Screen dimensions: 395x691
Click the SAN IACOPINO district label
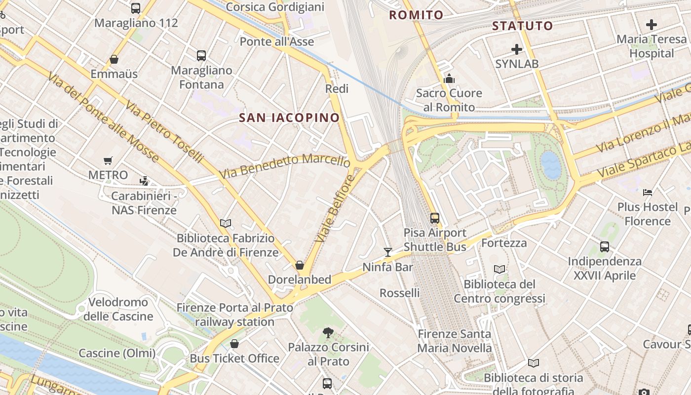pos(289,118)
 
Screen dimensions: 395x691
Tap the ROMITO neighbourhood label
pos(416,15)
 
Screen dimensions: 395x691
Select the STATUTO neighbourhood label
pos(522,26)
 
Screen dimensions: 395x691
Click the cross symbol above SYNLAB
pos(517,49)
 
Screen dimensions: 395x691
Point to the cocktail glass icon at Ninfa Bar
pos(388,252)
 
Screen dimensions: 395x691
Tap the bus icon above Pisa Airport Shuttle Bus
pos(435,218)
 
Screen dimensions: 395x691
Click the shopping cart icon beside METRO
pos(108,160)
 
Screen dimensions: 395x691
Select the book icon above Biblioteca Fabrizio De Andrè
pos(226,224)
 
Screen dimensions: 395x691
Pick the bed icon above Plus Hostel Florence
pos(648,192)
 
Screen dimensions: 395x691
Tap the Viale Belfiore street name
pos(335,208)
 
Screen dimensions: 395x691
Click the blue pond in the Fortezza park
pos(551,165)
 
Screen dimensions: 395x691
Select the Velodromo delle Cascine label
pos(118,309)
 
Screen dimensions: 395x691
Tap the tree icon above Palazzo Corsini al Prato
pos(328,332)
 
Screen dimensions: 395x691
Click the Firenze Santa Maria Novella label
pos(455,341)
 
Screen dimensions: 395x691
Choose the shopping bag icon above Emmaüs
pos(114,60)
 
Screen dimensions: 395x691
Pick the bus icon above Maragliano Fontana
pos(201,56)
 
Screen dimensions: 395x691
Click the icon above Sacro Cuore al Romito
pos(449,79)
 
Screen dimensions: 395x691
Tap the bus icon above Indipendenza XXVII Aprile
pos(605,246)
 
